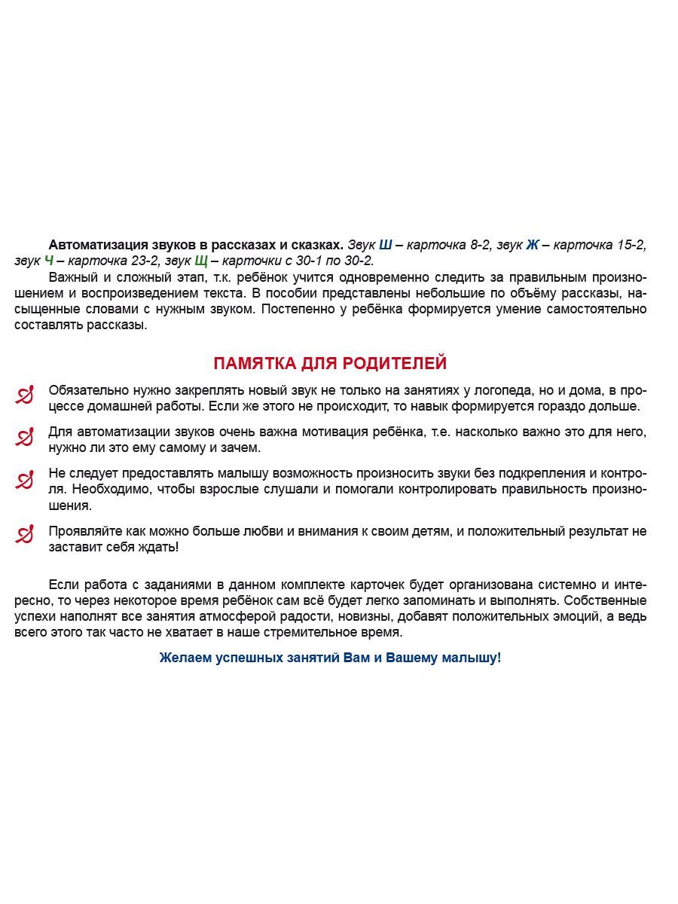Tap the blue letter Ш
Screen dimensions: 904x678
[385, 245]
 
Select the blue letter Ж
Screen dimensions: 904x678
[533, 245]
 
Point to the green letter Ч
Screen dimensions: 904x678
[49, 261]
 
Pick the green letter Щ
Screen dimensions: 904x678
[201, 261]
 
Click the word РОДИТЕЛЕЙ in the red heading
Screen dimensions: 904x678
[395, 363]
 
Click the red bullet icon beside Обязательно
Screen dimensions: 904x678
[25, 395]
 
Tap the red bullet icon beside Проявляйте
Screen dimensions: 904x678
[25, 535]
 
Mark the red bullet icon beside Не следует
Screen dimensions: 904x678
[25, 479]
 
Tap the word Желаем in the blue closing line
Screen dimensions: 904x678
[185, 658]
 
